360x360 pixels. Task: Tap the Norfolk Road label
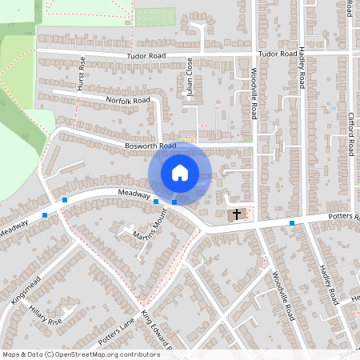click(128, 101)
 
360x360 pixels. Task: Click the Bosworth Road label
click(150, 146)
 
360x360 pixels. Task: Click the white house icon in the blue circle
click(180, 172)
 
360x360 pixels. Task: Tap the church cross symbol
click(236, 214)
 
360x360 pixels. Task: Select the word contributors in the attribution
click(139, 354)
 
